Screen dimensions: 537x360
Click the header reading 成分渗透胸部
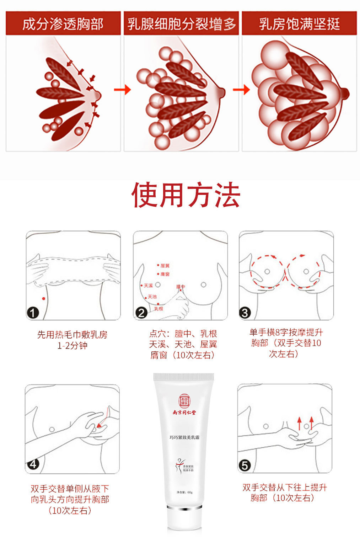click(x=63, y=24)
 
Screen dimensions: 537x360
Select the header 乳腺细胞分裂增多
click(x=181, y=24)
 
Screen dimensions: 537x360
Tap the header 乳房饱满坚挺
click(x=299, y=24)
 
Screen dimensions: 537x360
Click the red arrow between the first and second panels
click(x=122, y=89)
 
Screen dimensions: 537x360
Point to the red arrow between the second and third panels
click(x=241, y=89)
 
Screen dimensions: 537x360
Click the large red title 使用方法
click(x=186, y=195)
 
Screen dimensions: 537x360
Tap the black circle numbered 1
click(x=33, y=313)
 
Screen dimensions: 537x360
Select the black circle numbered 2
click(x=141, y=313)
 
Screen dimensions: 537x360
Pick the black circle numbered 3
click(x=245, y=313)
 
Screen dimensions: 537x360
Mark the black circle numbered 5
click(x=245, y=465)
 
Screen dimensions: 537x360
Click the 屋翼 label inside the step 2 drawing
click(x=165, y=266)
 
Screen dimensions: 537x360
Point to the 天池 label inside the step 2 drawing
click(x=152, y=297)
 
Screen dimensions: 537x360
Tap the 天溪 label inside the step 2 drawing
click(x=148, y=286)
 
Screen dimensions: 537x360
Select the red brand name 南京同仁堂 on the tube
click(x=184, y=413)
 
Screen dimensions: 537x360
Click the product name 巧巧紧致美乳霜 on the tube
click(x=184, y=437)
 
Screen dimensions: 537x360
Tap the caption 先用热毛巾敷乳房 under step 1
click(x=72, y=335)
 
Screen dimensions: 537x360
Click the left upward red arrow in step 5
click(x=299, y=423)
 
